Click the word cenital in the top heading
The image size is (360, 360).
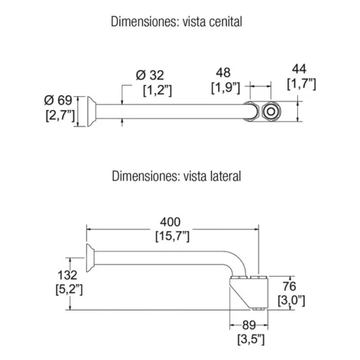225,22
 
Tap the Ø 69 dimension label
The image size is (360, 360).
58,100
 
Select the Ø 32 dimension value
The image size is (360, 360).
150,76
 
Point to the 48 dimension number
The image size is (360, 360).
223,73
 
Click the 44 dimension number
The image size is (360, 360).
299,69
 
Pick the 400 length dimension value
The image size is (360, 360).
170,222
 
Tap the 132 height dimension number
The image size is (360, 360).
67,275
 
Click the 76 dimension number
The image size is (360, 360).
289,286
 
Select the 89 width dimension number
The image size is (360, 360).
249,325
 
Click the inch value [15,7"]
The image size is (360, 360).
172,236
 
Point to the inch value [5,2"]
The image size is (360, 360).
69,289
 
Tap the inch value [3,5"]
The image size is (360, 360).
251,340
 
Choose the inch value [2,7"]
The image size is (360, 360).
60,116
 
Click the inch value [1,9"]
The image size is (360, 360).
225,88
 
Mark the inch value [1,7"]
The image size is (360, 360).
301,84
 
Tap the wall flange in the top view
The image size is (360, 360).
91,112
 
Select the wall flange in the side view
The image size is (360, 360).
90,258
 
